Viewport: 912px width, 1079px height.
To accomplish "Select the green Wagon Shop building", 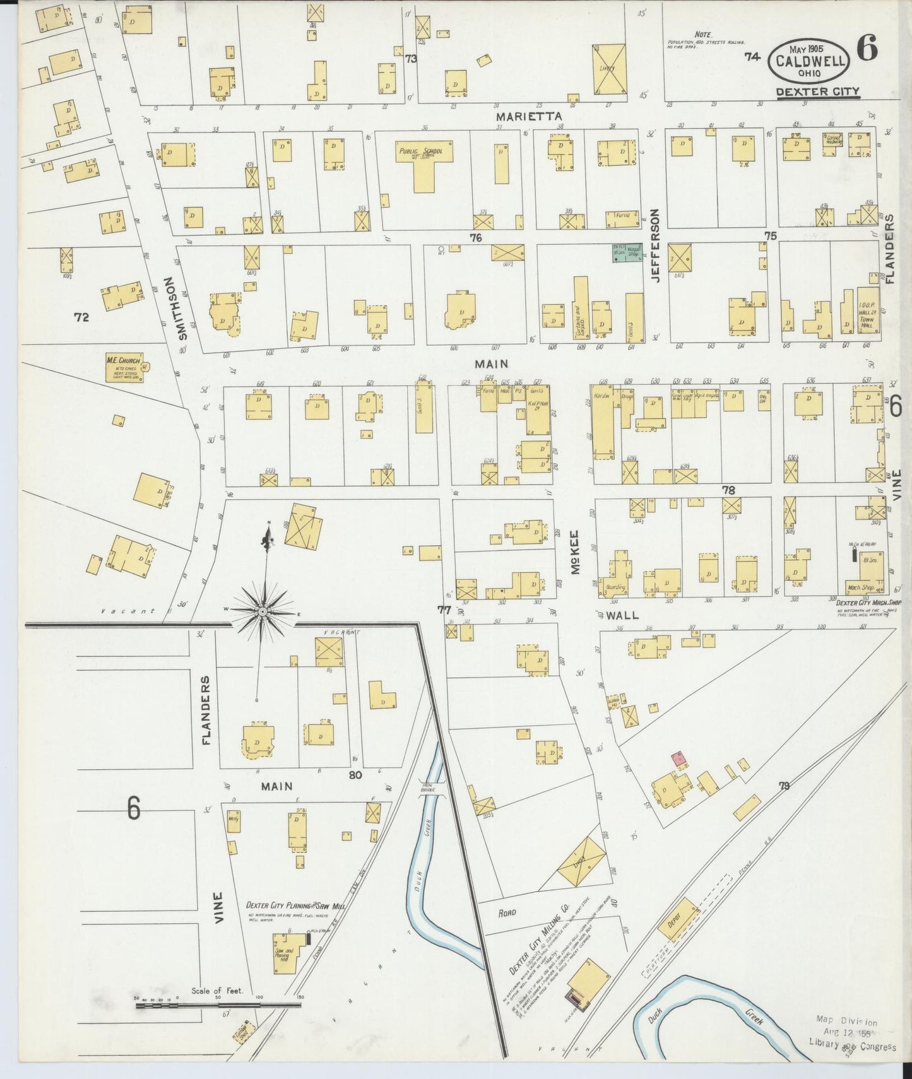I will [x=626, y=252].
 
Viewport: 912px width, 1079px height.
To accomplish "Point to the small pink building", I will [x=679, y=759].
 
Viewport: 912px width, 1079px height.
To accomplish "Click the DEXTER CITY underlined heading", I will [x=817, y=91].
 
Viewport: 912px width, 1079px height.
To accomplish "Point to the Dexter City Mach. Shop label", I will [x=862, y=603].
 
